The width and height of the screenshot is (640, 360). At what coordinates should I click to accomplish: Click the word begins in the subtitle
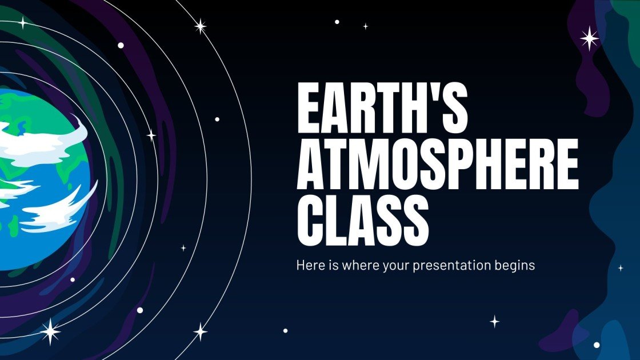[x=515, y=266]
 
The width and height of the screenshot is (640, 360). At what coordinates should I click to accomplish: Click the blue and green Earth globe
[x=40, y=177]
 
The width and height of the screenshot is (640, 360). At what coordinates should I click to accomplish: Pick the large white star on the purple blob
[x=589, y=38]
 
